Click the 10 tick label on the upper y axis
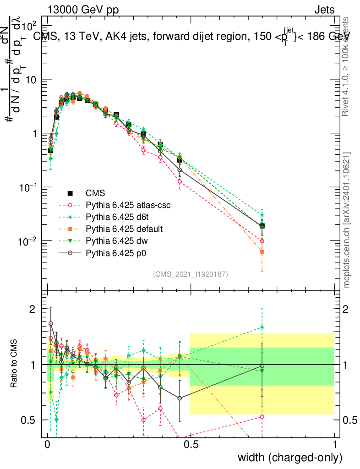pyautogui.click(x=32, y=80)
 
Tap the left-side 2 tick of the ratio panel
pyautogui.click(x=32, y=309)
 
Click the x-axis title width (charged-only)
pyautogui.click(x=290, y=458)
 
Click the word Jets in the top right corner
pyautogui.click(x=324, y=10)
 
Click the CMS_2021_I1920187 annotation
pyautogui.click(x=191, y=274)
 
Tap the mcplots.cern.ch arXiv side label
pyautogui.click(x=348, y=220)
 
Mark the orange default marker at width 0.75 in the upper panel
pyautogui.click(x=262, y=251)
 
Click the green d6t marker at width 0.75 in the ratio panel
pyautogui.click(x=262, y=327)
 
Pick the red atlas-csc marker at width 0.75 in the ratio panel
pyautogui.click(x=262, y=416)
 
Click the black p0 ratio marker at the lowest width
pyautogui.click(x=51, y=323)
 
